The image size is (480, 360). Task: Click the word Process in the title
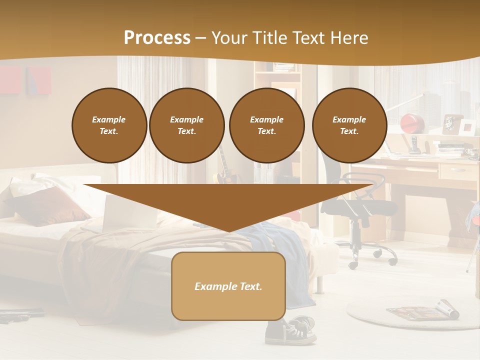pyautogui.click(x=157, y=37)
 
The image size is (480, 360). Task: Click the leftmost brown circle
pyautogui.click(x=109, y=125)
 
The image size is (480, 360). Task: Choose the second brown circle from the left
pyautogui.click(x=186, y=125)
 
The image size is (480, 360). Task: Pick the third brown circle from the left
pyautogui.click(x=266, y=125)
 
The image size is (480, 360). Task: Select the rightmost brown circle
pyautogui.click(x=349, y=125)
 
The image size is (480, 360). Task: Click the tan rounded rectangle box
pyautogui.click(x=228, y=286)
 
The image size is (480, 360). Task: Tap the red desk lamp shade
pyautogui.click(x=412, y=121)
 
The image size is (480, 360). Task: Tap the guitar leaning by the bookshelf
pyautogui.click(x=224, y=167)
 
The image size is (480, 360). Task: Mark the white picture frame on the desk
pyautogui.click(x=467, y=127)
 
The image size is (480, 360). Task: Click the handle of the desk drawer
pyautogui.click(x=458, y=170)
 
